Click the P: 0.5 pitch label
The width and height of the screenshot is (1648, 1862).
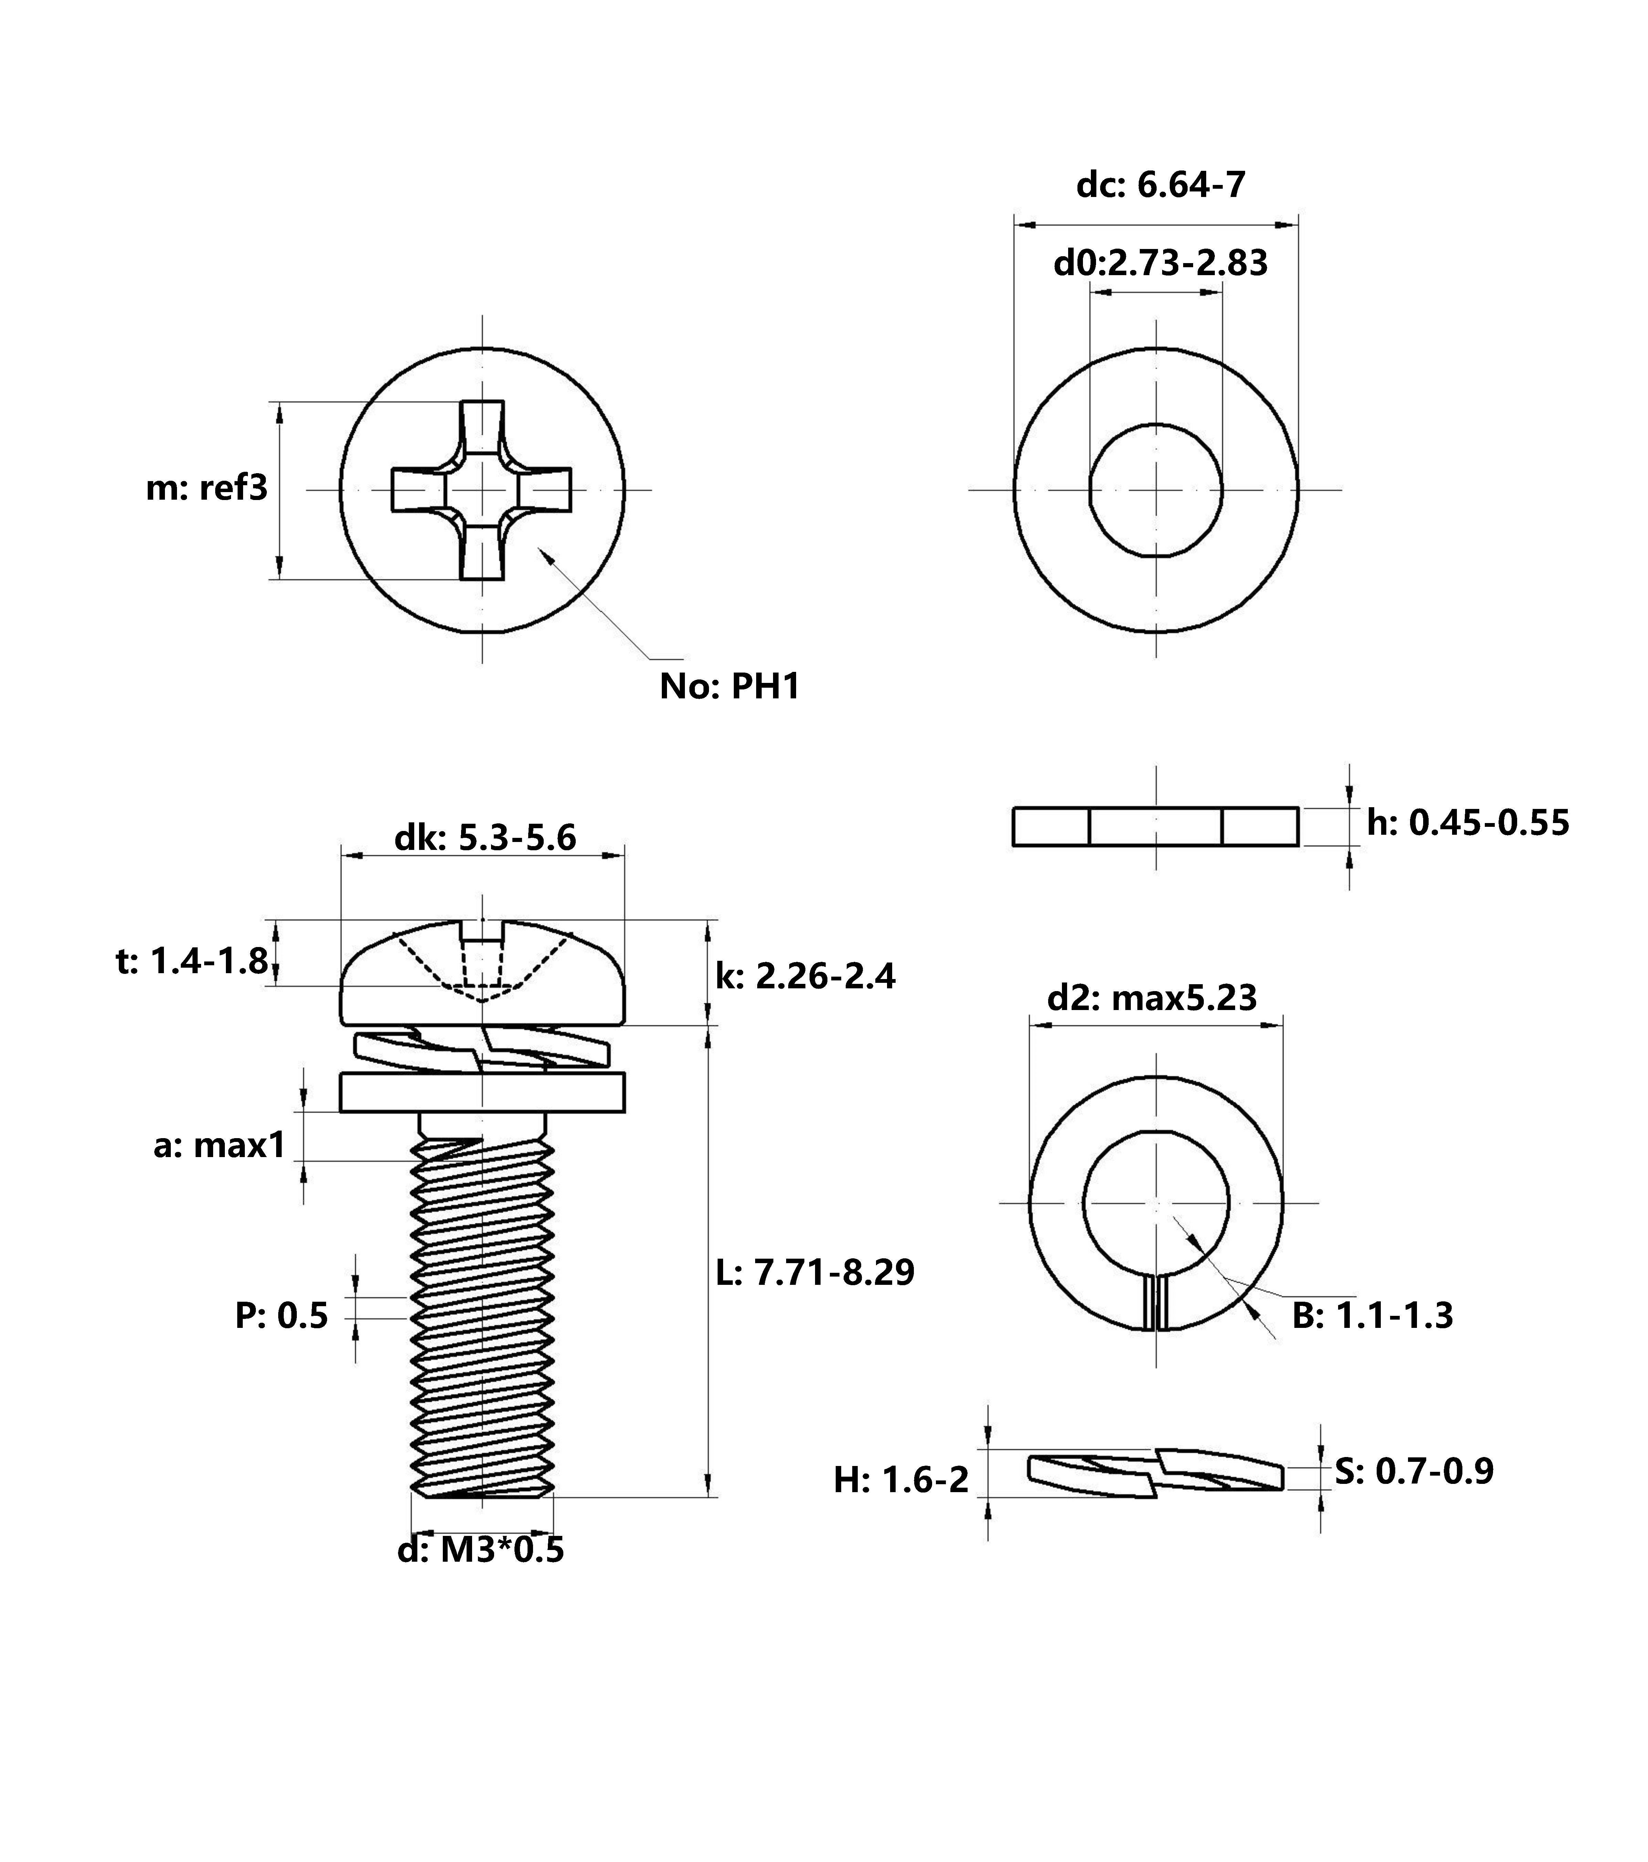click(x=282, y=1316)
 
